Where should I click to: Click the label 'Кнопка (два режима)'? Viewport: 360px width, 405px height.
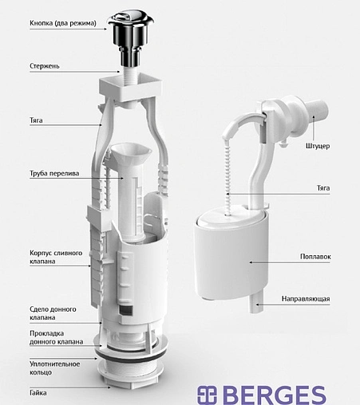[63, 23]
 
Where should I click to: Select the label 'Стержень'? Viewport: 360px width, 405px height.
[45, 66]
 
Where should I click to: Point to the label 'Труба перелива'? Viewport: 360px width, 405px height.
[54, 174]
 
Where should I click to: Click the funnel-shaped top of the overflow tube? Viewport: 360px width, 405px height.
[131, 154]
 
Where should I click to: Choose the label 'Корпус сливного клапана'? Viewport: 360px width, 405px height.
[56, 257]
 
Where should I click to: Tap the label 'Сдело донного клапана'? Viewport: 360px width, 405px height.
[53, 313]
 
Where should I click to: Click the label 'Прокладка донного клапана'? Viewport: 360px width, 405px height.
[56, 337]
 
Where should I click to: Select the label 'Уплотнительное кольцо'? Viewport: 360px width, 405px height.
[54, 368]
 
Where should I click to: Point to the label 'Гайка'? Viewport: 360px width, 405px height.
[38, 392]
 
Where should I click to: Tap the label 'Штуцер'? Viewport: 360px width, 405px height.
[318, 146]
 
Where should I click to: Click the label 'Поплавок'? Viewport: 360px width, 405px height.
[315, 257]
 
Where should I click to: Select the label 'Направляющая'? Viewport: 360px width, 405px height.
[306, 299]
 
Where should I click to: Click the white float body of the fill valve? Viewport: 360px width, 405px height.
[231, 255]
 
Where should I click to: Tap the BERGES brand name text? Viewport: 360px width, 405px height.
[276, 395]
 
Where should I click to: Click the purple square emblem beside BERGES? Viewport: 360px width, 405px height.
[207, 395]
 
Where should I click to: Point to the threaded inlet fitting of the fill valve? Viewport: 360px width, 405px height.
[317, 109]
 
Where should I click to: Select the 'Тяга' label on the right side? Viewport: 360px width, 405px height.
[323, 188]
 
